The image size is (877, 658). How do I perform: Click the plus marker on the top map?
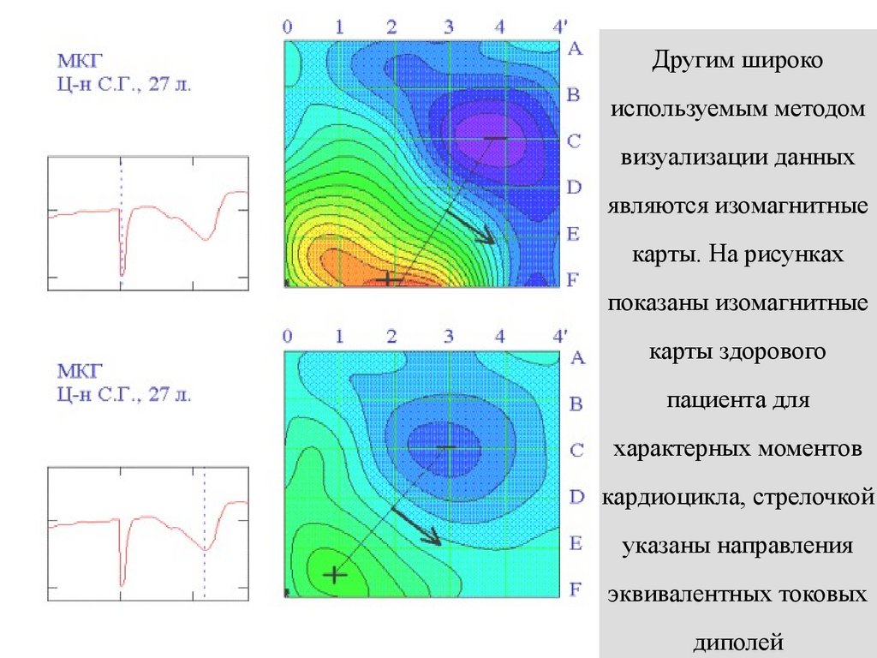tap(388, 278)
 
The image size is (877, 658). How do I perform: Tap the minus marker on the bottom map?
tap(447, 447)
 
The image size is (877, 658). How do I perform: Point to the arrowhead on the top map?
tap(486, 237)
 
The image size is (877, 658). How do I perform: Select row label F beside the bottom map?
tap(576, 589)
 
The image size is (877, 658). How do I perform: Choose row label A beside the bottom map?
tap(576, 358)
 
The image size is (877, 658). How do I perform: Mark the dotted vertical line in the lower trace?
tap(204, 531)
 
